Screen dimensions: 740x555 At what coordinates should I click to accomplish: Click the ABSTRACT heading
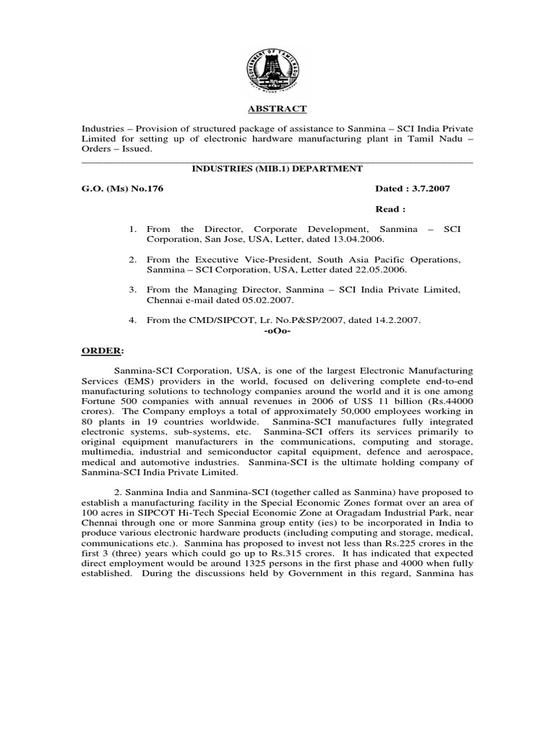tap(277, 109)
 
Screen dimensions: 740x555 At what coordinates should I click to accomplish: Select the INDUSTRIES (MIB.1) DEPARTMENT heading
tap(277, 168)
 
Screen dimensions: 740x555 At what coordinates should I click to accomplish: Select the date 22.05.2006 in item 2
tap(382, 269)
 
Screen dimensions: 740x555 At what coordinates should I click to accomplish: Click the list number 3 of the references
tap(133, 290)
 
